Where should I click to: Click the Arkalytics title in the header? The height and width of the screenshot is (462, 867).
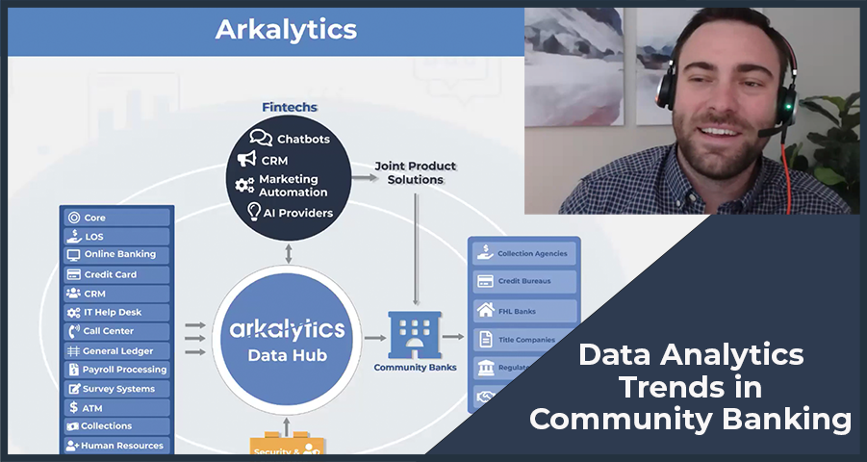pyautogui.click(x=285, y=29)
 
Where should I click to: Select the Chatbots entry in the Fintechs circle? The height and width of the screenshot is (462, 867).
pyautogui.click(x=291, y=139)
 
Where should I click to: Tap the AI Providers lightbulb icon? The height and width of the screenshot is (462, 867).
pyautogui.click(x=254, y=212)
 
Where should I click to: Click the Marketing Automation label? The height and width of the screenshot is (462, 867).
pyautogui.click(x=293, y=186)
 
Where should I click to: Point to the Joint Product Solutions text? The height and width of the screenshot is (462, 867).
pyautogui.click(x=416, y=173)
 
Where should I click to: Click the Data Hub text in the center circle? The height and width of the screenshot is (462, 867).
pyautogui.click(x=287, y=356)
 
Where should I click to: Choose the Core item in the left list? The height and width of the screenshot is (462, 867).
pyautogui.click(x=115, y=218)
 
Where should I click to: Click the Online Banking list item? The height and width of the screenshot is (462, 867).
pyautogui.click(x=115, y=255)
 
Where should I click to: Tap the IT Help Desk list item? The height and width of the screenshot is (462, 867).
pyautogui.click(x=115, y=313)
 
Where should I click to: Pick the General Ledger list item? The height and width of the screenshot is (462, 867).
pyautogui.click(x=115, y=351)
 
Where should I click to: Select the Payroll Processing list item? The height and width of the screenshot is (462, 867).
pyautogui.click(x=115, y=370)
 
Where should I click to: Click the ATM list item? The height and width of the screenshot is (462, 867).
pyautogui.click(x=115, y=408)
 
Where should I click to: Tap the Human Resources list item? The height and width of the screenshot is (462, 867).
pyautogui.click(x=115, y=446)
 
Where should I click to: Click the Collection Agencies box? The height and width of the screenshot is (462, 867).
pyautogui.click(x=524, y=253)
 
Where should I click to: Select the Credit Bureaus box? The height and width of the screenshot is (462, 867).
pyautogui.click(x=524, y=282)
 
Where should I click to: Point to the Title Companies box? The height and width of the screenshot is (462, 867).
pyautogui.click(x=524, y=339)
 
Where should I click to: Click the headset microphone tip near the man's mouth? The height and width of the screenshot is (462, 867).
pyautogui.click(x=761, y=133)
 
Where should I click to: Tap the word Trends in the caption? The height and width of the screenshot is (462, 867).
pyautogui.click(x=690, y=389)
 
